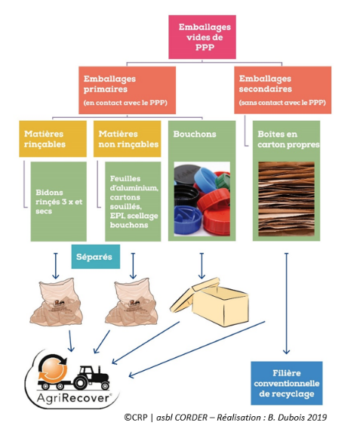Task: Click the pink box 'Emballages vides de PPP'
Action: point(202,37)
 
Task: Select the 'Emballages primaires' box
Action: point(127,90)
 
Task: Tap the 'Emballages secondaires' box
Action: point(283,90)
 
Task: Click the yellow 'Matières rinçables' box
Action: point(53,139)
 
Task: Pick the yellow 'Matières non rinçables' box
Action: point(127,139)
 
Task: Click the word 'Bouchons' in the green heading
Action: point(195,134)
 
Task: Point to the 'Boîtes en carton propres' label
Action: point(288,139)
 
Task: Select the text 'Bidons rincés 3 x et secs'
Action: point(59,202)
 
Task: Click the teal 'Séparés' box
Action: point(96,257)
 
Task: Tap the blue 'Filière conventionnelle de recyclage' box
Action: point(287,383)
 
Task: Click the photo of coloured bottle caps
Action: point(202,199)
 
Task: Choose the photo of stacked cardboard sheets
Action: point(287,199)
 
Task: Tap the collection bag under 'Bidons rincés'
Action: point(56,302)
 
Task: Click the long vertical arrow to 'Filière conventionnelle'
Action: point(287,304)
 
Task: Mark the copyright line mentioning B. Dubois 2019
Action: point(226,418)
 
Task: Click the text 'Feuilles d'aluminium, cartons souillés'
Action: point(134,193)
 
